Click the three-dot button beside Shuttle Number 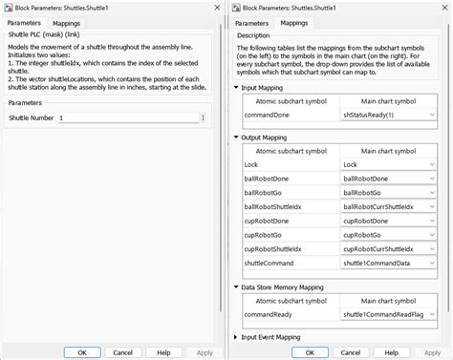click(x=203, y=117)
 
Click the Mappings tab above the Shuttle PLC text click(x=66, y=21)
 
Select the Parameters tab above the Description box click(x=251, y=21)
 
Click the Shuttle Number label click(x=31, y=117)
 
